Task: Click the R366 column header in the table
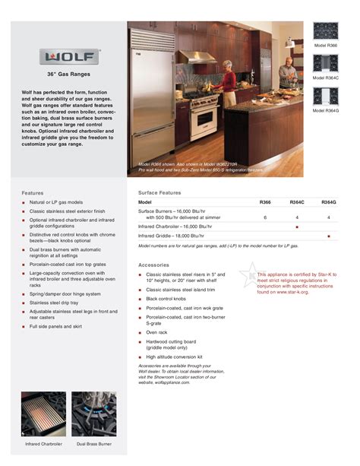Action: (x=265, y=202)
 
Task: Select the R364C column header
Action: (x=297, y=202)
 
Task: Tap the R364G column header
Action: (x=328, y=202)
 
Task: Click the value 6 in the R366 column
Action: (x=265, y=217)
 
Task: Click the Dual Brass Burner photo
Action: (x=93, y=413)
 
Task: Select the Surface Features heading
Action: (x=159, y=192)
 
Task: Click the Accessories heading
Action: (x=153, y=265)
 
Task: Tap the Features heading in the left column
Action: (x=33, y=193)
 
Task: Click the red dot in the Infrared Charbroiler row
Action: (x=297, y=227)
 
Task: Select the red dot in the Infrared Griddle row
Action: (x=328, y=236)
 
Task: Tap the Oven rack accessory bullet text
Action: (x=157, y=332)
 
